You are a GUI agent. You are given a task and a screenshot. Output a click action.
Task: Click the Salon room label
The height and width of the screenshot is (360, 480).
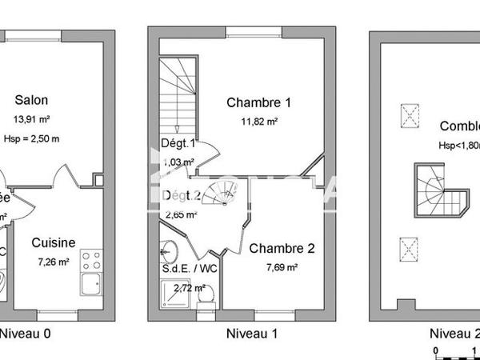31,100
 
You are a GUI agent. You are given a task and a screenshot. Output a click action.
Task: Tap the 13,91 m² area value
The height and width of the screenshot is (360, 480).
31,119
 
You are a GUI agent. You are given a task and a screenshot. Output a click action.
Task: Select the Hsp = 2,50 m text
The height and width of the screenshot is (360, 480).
31,138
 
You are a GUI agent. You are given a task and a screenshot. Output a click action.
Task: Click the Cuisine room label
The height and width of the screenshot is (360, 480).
54,242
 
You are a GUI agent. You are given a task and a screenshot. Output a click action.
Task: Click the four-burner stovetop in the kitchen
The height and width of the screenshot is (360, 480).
91,260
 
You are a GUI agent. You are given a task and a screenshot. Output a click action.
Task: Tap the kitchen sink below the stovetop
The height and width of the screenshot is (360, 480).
90,282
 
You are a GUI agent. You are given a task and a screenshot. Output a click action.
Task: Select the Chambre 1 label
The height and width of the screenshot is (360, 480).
258,102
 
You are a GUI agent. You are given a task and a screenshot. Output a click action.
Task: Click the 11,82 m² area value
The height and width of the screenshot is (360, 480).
258,122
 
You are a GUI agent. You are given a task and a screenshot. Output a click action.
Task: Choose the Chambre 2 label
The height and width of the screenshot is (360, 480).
281,248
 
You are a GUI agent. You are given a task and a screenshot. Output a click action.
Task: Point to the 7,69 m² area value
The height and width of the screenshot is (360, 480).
281,267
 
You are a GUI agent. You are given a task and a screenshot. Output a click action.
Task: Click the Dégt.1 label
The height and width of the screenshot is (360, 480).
178,144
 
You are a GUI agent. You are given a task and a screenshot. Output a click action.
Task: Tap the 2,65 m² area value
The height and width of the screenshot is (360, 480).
179,214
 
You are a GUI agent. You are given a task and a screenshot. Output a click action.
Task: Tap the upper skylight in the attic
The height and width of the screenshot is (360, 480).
410,116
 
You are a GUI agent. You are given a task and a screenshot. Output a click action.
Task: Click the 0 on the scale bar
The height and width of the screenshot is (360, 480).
435,350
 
